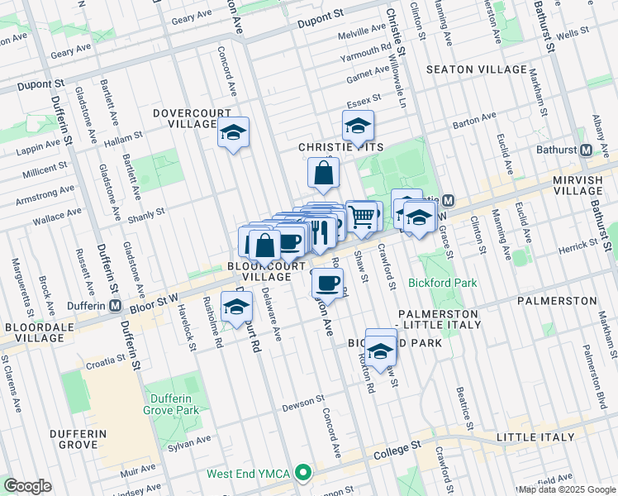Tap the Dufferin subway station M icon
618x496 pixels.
115,306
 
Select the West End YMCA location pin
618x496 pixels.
303,474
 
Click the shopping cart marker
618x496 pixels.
362,217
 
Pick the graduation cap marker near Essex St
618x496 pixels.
358,127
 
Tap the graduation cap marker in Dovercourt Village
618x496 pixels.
233,132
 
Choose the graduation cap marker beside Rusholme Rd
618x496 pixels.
236,307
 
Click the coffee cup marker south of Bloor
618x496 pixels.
328,284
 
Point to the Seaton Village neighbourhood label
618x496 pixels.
476,69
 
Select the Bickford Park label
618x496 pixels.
442,283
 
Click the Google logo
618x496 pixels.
27,485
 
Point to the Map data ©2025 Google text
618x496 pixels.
566,489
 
